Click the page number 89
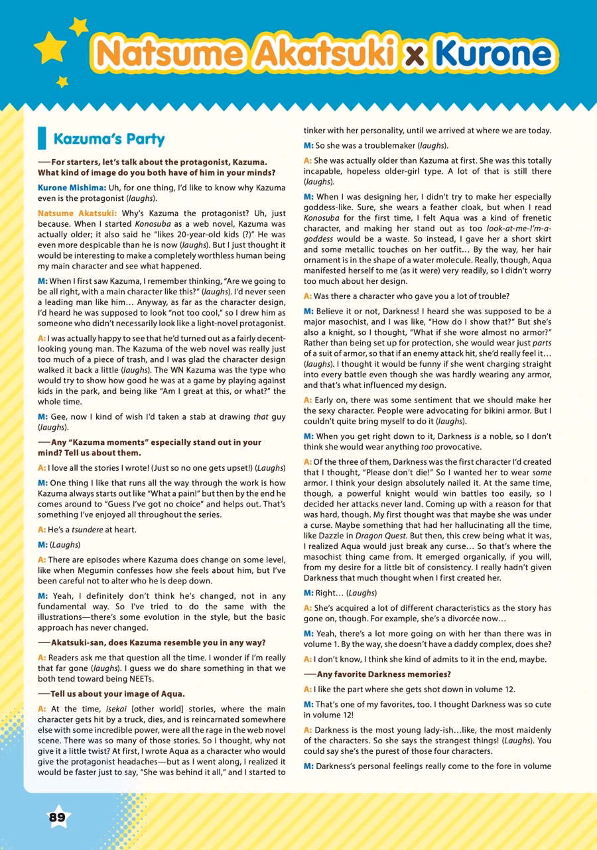point(58,817)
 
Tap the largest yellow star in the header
point(50,47)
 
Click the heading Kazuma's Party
point(109,140)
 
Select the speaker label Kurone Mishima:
point(72,188)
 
